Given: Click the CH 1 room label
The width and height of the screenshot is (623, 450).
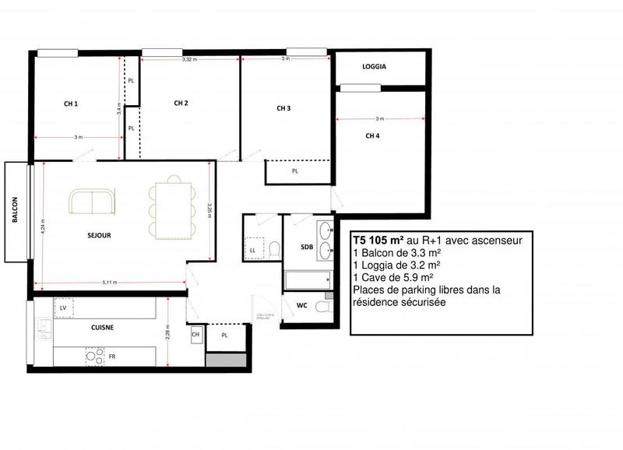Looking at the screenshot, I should (72, 104).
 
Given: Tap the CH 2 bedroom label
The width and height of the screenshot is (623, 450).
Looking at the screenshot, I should (181, 103).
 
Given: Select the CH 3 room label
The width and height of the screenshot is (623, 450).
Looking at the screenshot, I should (283, 108).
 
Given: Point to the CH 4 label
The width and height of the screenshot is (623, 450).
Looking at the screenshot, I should (373, 135).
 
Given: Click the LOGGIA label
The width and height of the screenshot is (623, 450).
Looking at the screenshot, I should (375, 67).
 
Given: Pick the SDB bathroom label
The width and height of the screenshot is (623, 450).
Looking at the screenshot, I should (307, 247).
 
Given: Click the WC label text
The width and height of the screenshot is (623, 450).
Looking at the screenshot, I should (302, 306).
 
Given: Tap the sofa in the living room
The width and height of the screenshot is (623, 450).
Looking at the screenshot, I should (92, 203).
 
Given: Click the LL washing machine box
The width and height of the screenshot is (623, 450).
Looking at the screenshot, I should (253, 249).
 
